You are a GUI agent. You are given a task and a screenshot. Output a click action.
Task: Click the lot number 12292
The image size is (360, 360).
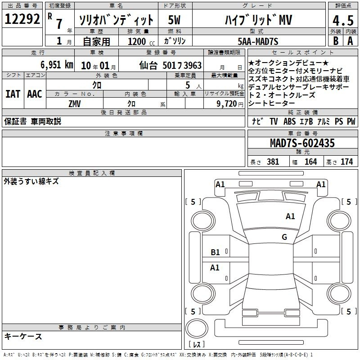pyautogui.click(x=22, y=19)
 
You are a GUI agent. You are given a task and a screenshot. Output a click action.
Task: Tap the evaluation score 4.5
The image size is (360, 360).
pyautogui.click(x=343, y=20)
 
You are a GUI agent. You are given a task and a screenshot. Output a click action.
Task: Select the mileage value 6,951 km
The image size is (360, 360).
pyautogui.click(x=57, y=65)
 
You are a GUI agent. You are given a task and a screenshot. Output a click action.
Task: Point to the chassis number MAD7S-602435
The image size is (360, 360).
pyautogui.click(x=302, y=143)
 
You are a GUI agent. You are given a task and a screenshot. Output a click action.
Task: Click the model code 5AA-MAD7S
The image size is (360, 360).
pyautogui.click(x=258, y=41)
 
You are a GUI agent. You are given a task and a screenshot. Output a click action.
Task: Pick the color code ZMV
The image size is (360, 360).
pyautogui.click(x=75, y=104)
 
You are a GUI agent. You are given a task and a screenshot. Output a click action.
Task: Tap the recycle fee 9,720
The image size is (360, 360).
pyautogui.click(x=227, y=104)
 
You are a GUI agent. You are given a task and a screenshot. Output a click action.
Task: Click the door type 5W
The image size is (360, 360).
pyautogui.click(x=174, y=20)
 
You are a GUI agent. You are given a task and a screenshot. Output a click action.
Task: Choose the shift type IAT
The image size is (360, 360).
pyautogui.click(x=13, y=94)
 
